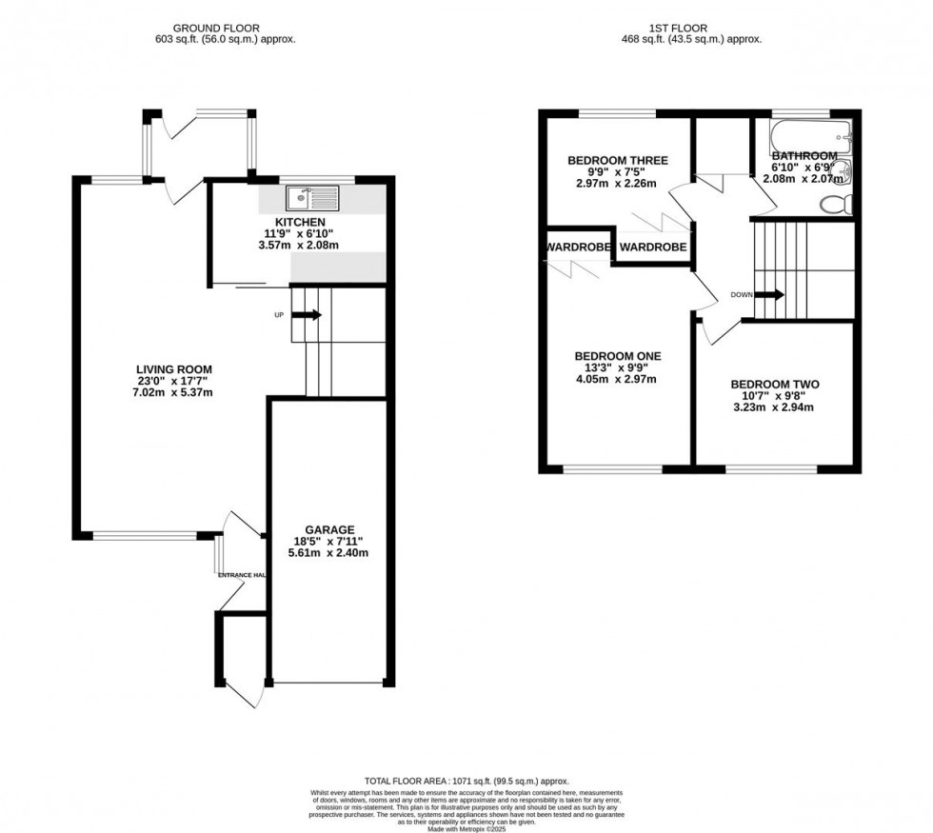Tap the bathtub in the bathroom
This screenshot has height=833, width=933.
point(810,137)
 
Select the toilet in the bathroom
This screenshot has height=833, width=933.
point(836,203)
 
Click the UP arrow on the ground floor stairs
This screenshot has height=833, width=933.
point(310,315)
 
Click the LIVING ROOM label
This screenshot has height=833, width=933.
point(173,369)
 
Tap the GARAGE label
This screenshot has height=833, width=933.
point(329,529)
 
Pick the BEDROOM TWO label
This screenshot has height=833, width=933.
point(774,385)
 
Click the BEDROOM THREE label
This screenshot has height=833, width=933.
point(617,160)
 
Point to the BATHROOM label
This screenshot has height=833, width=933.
point(804,156)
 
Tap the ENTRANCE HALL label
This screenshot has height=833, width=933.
point(242,575)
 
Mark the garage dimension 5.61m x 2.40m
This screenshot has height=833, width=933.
point(329,553)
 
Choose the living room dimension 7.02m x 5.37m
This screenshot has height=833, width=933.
point(173,392)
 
